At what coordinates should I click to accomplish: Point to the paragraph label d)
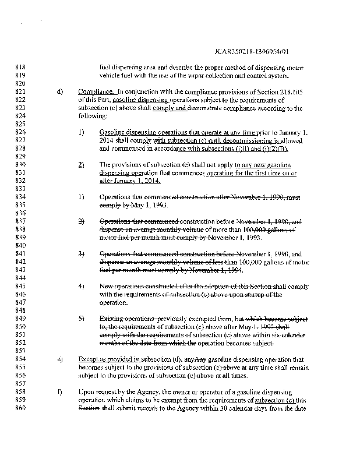(59, 92)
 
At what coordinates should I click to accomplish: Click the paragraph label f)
(59, 392)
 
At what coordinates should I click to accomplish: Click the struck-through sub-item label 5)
(82, 319)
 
